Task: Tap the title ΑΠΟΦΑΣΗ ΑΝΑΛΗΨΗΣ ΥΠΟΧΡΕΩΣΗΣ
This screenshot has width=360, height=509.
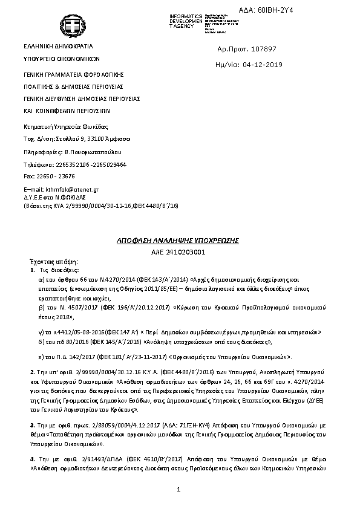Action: [x=178, y=241]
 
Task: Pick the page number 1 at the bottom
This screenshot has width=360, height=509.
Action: [x=180, y=496]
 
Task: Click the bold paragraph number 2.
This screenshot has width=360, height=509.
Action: [x=32, y=369]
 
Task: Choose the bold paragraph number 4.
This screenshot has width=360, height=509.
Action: [x=32, y=459]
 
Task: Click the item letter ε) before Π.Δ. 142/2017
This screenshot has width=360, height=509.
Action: [x=41, y=350]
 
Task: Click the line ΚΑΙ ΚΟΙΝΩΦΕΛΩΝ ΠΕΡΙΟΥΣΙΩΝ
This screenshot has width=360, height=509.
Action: [x=67, y=111]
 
